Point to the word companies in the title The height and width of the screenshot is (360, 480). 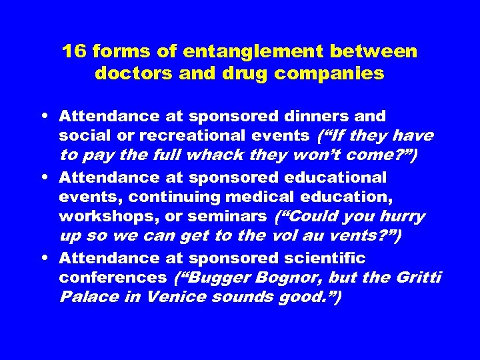pos(336,73)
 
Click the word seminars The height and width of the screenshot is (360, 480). pos(234,217)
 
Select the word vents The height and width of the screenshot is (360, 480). pos(355,237)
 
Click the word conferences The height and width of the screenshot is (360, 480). pos(111,277)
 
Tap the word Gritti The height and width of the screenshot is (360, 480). pos(421,277)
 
